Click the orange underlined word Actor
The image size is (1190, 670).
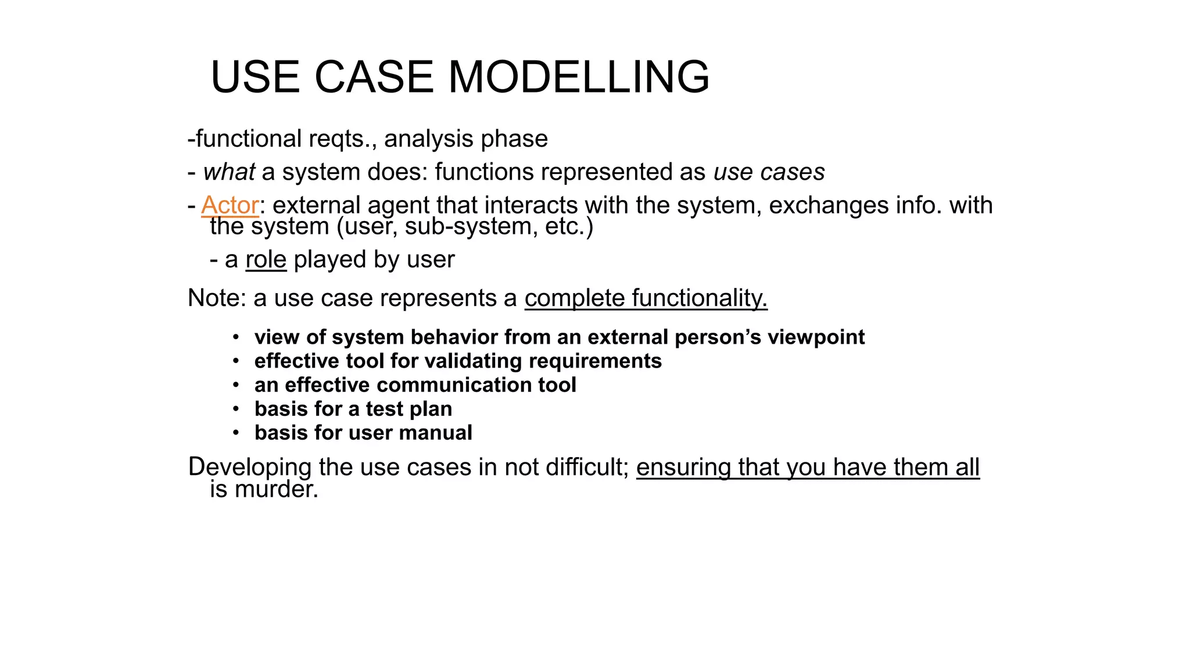[x=230, y=205]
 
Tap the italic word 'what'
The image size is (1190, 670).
[x=229, y=172]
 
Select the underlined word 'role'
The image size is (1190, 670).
[x=266, y=259]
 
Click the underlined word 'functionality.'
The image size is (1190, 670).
[x=700, y=298]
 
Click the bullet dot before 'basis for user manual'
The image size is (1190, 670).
[x=236, y=433]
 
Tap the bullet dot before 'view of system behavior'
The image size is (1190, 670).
[x=236, y=337]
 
